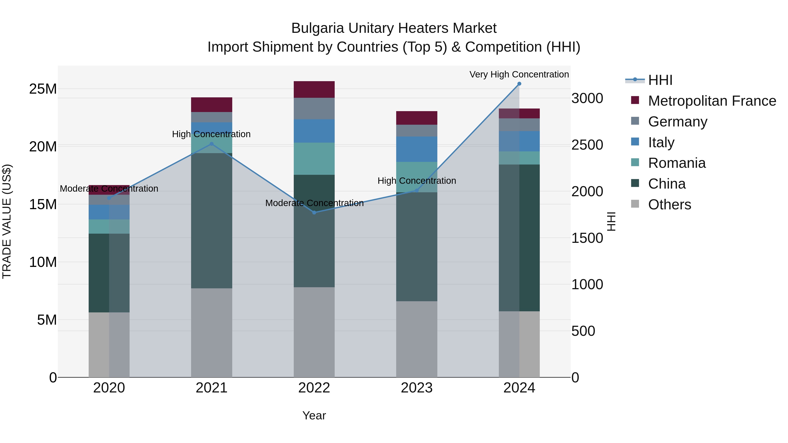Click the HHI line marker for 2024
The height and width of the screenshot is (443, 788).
click(519, 84)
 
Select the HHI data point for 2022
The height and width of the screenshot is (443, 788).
click(314, 212)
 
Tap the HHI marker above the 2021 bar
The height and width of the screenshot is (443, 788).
click(211, 144)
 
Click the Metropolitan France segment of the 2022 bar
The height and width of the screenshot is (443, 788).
click(314, 89)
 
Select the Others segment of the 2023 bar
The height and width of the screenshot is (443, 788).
click(417, 339)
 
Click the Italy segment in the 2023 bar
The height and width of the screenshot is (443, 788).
click(417, 149)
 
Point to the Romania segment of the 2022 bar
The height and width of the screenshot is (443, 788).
click(314, 159)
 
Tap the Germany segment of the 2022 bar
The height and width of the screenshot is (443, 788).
click(314, 109)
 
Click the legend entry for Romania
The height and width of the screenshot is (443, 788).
click(677, 163)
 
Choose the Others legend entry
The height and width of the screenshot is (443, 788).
click(669, 205)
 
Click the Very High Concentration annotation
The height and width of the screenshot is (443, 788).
click(519, 74)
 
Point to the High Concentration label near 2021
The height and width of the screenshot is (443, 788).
click(211, 134)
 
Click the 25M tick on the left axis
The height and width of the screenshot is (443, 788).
click(43, 89)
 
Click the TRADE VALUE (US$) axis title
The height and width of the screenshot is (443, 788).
click(7, 221)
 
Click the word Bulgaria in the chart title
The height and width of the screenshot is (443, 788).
click(318, 28)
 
